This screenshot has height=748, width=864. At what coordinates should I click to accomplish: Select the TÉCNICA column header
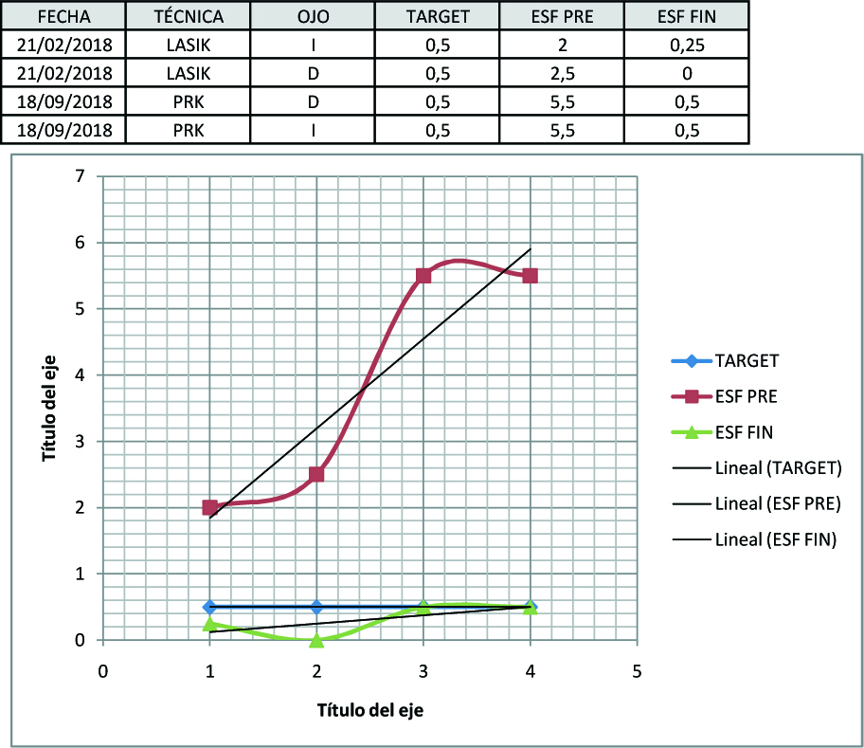(188, 16)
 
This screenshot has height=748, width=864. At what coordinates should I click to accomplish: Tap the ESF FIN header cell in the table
(686, 16)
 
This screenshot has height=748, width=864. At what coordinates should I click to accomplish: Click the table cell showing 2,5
(562, 73)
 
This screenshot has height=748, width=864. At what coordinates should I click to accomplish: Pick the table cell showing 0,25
(686, 45)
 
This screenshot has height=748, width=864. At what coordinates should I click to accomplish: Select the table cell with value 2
(562, 45)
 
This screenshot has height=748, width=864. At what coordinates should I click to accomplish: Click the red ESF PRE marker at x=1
(209, 507)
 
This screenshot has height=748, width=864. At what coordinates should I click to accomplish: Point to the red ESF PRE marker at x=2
(316, 474)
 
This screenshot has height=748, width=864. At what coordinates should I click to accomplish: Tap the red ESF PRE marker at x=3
(423, 275)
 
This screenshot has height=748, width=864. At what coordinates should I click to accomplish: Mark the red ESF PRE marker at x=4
(530, 275)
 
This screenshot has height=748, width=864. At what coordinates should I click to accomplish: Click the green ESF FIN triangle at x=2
(316, 640)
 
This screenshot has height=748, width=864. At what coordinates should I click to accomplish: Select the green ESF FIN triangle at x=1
(209, 624)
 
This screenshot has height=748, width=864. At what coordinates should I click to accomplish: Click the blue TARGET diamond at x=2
(316, 607)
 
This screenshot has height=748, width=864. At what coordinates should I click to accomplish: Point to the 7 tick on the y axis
(81, 176)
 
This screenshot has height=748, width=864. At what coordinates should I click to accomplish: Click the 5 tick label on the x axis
(637, 670)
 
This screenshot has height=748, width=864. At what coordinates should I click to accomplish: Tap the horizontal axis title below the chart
(369, 709)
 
